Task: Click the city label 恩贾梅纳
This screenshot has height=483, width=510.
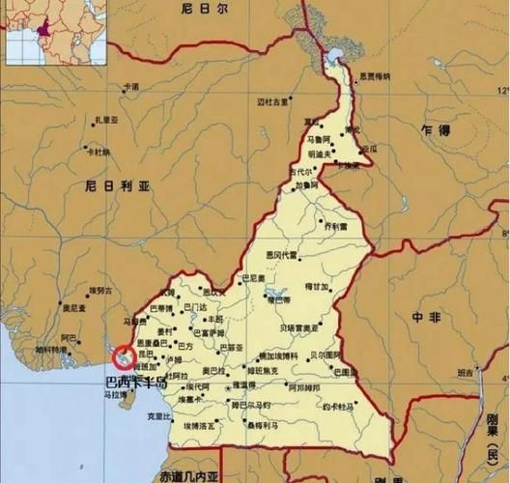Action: tap(374, 75)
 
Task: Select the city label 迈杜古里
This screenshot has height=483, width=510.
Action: tap(273, 100)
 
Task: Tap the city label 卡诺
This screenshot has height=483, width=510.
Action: tap(130, 87)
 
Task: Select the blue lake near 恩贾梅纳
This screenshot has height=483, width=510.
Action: tap(335, 53)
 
